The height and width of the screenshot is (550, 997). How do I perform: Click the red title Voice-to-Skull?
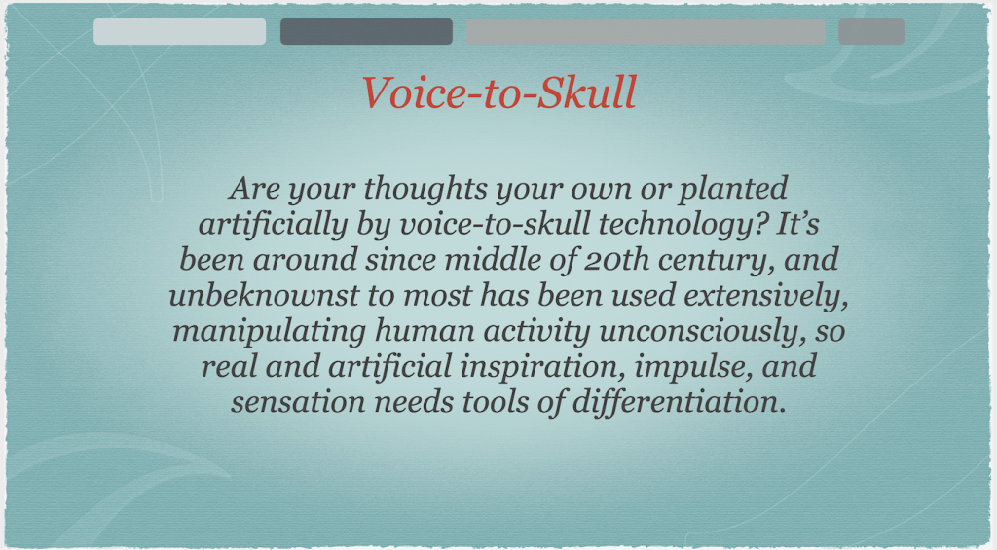tap(499, 92)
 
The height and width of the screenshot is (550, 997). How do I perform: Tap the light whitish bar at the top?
tap(179, 32)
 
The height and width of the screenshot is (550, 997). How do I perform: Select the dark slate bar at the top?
tap(366, 32)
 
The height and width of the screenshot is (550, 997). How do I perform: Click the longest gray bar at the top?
tap(646, 32)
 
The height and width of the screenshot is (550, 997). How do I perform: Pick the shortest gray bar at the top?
tap(871, 32)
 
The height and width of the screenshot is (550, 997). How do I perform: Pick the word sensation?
tap(298, 402)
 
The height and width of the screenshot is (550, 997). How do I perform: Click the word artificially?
tap(274, 225)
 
